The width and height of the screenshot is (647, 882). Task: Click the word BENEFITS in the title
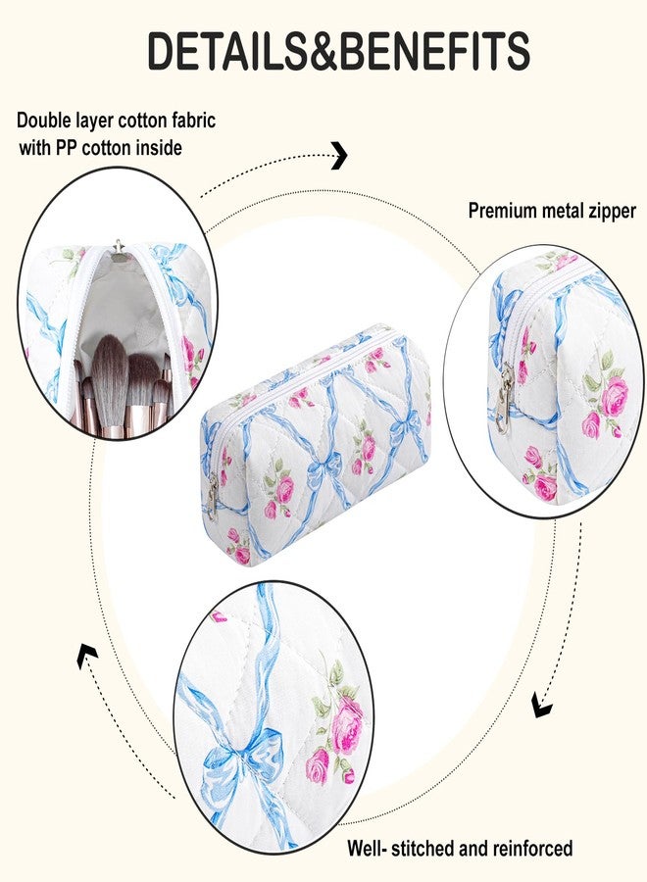coord(435,51)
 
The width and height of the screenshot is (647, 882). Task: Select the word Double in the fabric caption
coord(43,120)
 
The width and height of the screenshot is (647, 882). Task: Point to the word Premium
coord(502,211)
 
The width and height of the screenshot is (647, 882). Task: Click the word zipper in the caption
coord(612,212)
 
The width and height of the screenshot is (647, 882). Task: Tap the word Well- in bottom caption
coord(367,849)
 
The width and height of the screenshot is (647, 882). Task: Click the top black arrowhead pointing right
coord(339,155)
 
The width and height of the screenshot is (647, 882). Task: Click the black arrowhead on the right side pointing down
coord(542,706)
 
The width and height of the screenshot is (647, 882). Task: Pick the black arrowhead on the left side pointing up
coord(87,656)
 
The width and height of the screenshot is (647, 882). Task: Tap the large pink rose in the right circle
coord(615,396)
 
